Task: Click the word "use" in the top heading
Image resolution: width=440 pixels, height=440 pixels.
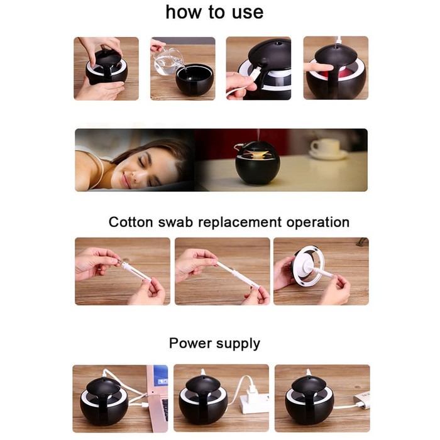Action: tap(248, 13)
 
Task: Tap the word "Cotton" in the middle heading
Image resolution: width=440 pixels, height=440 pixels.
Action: tap(131, 222)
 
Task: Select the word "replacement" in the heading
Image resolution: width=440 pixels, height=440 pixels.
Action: tap(239, 223)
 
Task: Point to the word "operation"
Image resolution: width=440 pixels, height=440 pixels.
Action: tap(318, 223)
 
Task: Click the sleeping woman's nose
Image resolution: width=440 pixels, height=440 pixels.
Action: tap(135, 176)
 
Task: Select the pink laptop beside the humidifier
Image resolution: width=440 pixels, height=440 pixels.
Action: tap(157, 398)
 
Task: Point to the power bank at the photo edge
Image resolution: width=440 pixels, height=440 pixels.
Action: tap(361, 399)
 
